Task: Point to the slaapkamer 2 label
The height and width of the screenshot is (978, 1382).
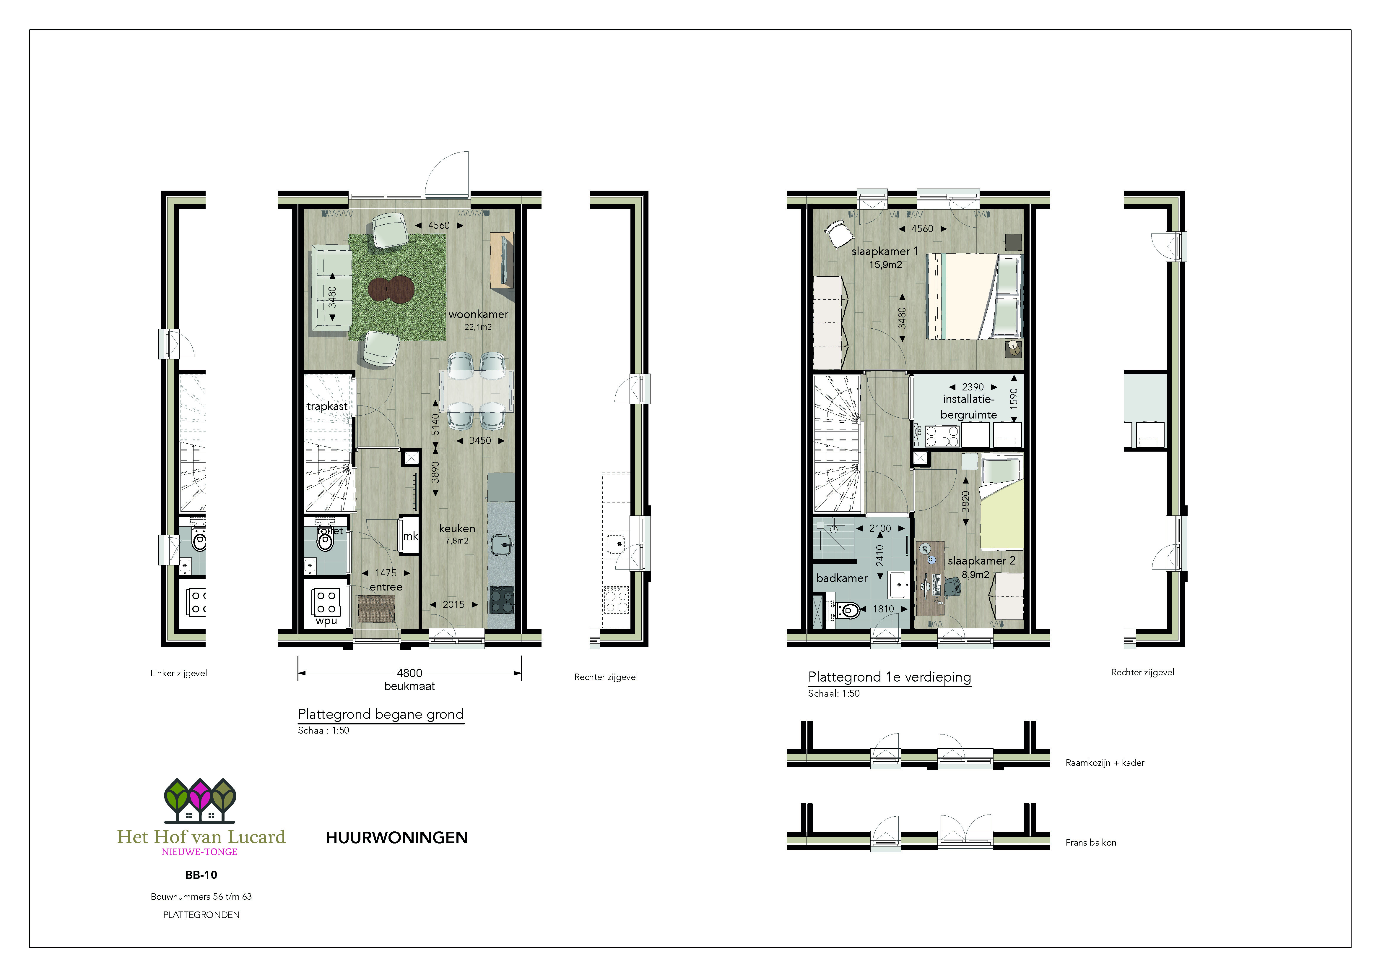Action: (x=981, y=561)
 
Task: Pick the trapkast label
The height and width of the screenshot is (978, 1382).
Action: (x=327, y=406)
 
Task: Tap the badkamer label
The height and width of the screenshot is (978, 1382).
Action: (x=841, y=578)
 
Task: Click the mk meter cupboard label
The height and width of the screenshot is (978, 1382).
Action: (x=411, y=536)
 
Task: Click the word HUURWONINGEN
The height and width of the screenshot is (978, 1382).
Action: (x=396, y=838)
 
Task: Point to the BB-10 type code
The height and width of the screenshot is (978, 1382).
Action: (x=201, y=875)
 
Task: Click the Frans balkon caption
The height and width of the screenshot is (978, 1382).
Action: (x=1090, y=843)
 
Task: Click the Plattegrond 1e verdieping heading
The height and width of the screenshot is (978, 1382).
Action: (x=889, y=677)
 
